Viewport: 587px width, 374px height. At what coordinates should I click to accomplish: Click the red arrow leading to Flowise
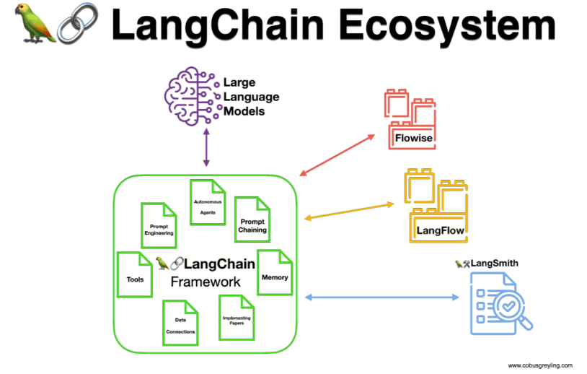337,155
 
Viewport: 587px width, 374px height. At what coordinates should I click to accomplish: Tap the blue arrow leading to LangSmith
383,297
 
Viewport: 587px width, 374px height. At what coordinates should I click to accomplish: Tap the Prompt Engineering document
158,225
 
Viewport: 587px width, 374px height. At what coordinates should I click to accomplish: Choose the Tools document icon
134,274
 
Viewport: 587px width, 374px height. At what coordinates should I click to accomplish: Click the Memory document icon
274,272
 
